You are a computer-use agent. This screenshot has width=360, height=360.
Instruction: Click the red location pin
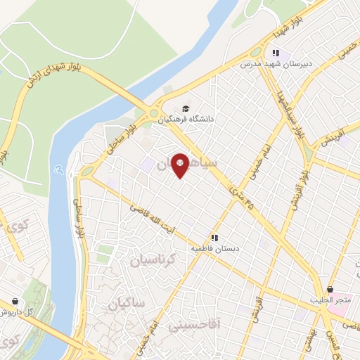pyautogui.click(x=179, y=165)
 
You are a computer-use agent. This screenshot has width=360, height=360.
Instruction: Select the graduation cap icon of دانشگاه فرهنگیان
pyautogui.click(x=186, y=108)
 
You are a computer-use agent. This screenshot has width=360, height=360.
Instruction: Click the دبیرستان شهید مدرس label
pyautogui.click(x=276, y=64)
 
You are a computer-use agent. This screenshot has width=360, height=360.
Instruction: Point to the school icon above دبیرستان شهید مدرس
pyautogui.click(x=276, y=53)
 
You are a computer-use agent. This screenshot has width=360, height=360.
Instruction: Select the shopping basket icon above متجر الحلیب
pyautogui.click(x=330, y=289)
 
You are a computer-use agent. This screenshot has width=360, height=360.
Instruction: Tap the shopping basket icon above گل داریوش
pyautogui.click(x=15, y=300)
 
